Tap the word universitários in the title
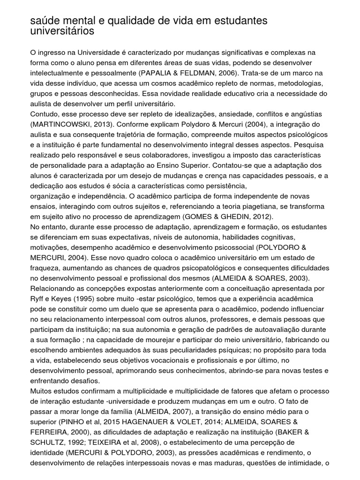point(62,31)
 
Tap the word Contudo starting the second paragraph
point(44,114)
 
